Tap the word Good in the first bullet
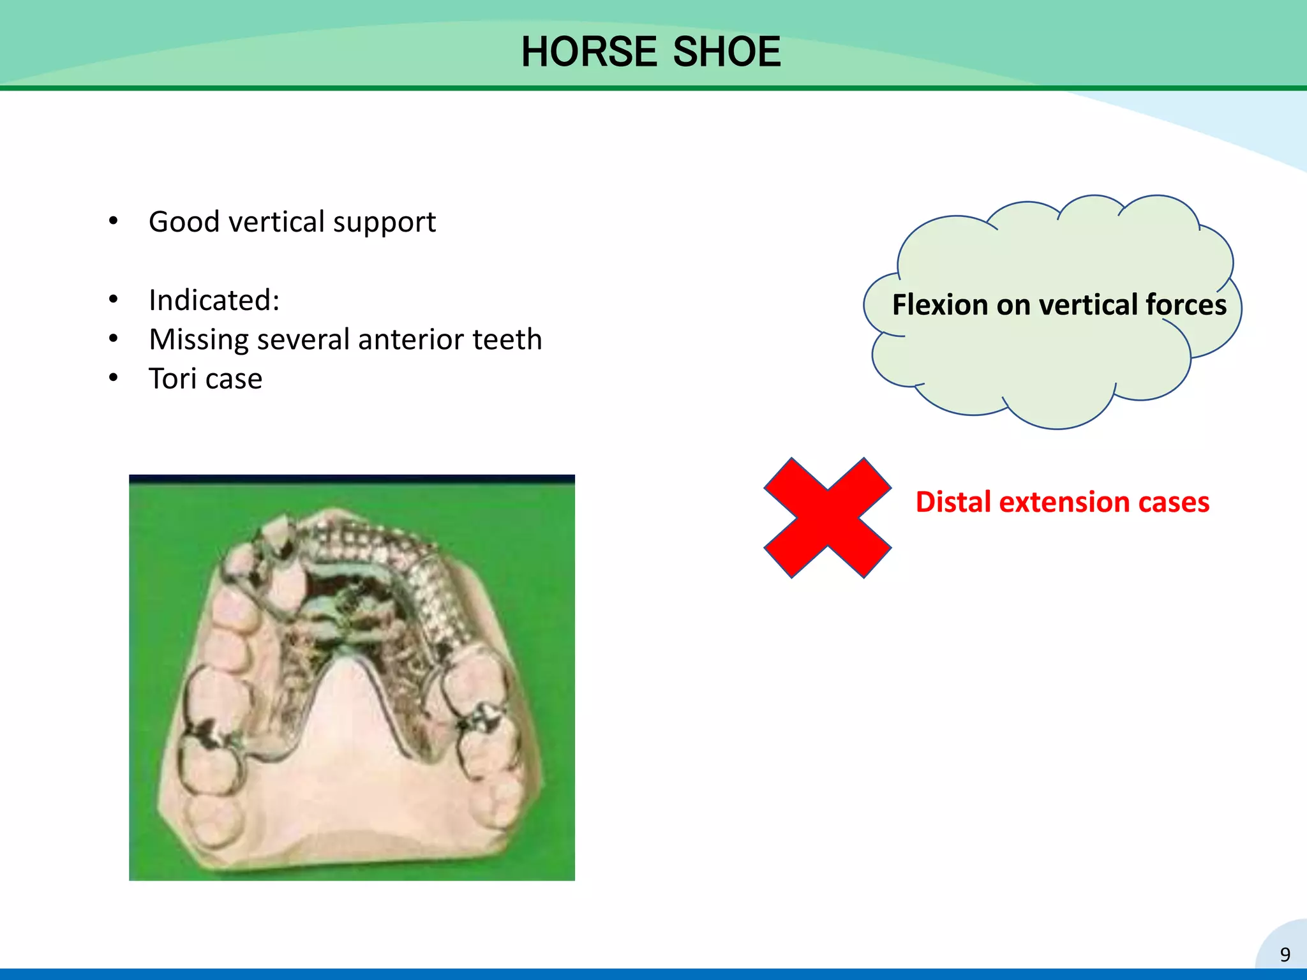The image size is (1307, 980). click(184, 222)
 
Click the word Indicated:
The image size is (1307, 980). click(214, 301)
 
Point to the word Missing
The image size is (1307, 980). click(198, 340)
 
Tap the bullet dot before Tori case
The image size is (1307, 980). click(114, 378)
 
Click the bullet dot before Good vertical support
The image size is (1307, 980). click(114, 221)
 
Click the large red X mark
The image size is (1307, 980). click(827, 517)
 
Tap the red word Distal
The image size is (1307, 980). click(953, 502)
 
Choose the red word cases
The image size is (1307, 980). click(1174, 502)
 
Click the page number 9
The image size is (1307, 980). click(1285, 954)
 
